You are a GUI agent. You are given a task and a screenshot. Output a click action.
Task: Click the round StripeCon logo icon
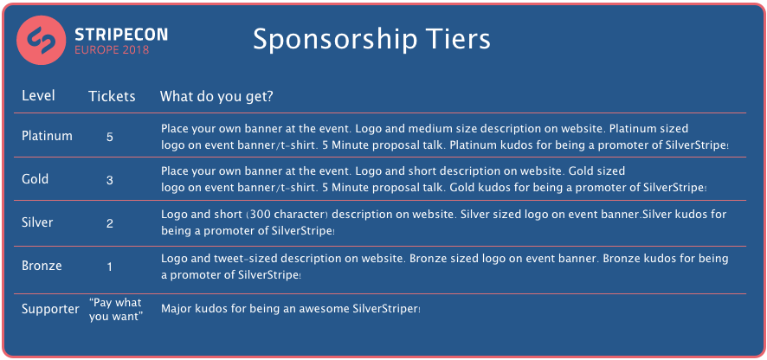pos(41,40)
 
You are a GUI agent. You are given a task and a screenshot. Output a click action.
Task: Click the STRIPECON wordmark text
pos(121,35)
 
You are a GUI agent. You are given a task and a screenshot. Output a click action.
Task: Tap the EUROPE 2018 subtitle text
pos(112,50)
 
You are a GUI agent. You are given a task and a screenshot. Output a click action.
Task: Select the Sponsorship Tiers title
pos(371,40)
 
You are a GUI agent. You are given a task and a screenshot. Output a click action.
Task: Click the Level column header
pos(38,95)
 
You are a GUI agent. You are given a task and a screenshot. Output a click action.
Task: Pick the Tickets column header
pos(112,96)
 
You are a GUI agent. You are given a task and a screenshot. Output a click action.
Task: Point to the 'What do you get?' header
pos(216,97)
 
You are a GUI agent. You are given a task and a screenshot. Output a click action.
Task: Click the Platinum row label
pos(47,136)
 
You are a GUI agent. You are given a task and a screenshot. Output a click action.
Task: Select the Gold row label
pos(35,179)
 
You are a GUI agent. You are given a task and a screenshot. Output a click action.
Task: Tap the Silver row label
pos(37,222)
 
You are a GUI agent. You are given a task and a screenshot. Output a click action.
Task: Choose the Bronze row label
pos(42,266)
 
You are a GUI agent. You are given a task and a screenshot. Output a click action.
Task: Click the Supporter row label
pos(50,310)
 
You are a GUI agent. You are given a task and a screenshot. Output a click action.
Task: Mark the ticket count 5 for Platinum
pos(110,137)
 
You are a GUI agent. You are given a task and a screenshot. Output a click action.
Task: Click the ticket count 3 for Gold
pos(110,181)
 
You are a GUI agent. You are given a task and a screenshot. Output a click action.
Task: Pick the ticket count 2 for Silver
pos(110,224)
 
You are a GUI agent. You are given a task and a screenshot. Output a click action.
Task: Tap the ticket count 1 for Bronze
pos(110,267)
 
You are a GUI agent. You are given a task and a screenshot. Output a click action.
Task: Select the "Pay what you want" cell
pos(116,309)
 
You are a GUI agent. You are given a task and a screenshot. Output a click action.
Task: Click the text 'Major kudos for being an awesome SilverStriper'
pos(291,309)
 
